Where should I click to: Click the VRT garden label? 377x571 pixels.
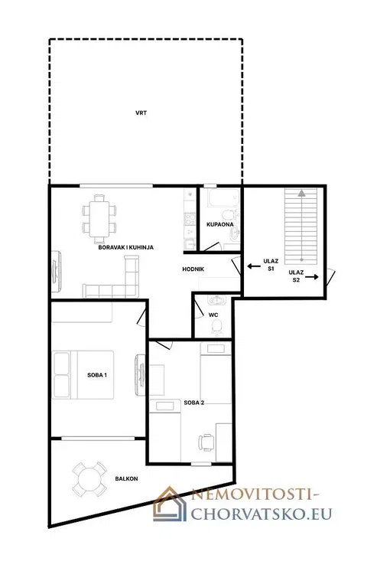(x=141, y=113)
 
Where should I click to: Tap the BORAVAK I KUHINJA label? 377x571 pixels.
(x=126, y=247)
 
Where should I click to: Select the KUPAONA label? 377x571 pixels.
(x=220, y=224)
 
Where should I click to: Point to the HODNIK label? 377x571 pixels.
(x=193, y=269)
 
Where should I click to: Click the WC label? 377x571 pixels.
(x=213, y=315)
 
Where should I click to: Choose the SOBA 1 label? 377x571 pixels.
(x=97, y=375)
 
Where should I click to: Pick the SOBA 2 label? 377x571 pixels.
(x=194, y=403)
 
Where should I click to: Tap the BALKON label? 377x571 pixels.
(x=127, y=478)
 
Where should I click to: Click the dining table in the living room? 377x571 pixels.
(x=99, y=219)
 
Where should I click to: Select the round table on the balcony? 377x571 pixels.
(x=89, y=479)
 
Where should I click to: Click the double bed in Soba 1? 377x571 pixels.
(x=83, y=375)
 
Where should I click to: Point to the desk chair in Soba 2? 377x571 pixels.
(x=206, y=442)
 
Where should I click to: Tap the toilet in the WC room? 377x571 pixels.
(x=217, y=327)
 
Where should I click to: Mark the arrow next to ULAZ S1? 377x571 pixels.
(x=254, y=266)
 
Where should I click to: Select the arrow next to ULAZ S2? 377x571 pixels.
(x=311, y=277)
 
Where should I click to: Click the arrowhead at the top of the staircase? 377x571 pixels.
(x=301, y=193)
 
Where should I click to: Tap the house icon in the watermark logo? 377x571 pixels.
(x=170, y=504)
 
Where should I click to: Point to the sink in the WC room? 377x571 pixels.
(x=217, y=300)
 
